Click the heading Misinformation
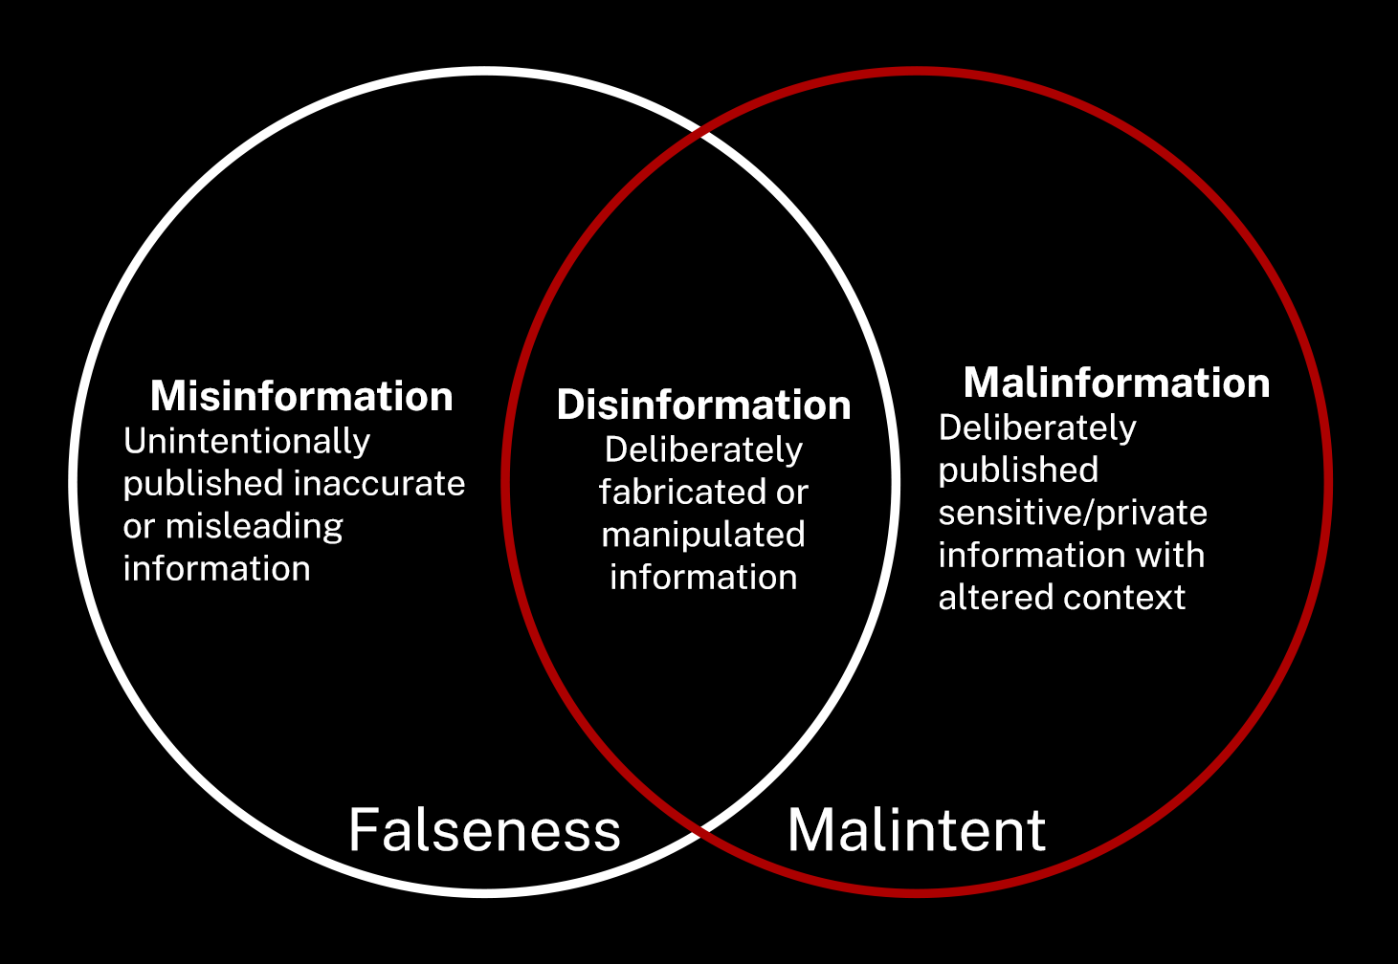301,397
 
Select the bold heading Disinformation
703,405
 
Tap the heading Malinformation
1117,383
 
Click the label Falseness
484,830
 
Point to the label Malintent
916,830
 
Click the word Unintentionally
247,442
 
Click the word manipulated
703,535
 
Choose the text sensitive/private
1073,514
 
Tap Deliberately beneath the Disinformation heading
703,449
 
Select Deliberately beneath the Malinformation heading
1037,427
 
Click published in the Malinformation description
1018,471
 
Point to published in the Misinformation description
202,484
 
